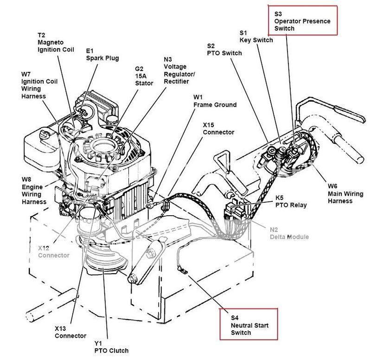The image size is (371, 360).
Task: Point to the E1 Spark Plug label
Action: [102, 54]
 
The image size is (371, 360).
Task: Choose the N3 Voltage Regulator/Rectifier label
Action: [179, 71]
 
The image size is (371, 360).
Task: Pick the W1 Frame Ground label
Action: [214, 101]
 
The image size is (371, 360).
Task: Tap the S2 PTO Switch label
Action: [224, 50]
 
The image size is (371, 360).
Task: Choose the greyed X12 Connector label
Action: [53, 251]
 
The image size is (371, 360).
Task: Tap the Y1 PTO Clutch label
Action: [110, 347]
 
